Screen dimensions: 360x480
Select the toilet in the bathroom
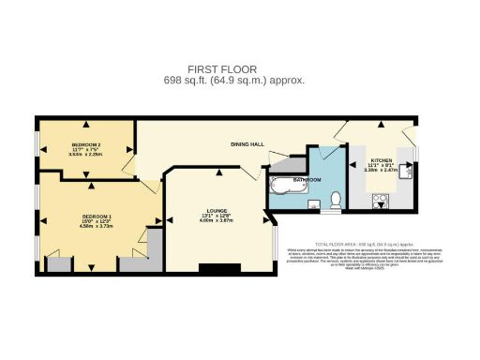click(336, 199)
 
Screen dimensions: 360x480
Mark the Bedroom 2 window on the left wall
click(37, 148)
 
